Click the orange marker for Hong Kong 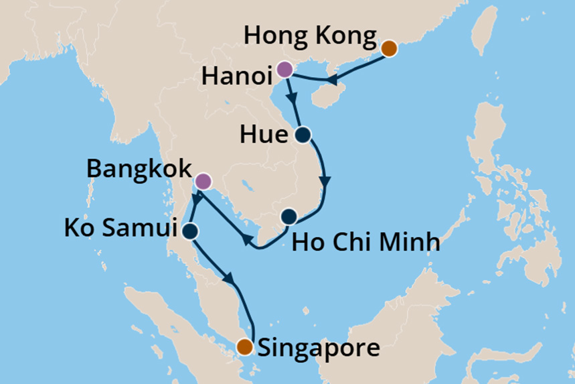pyautogui.click(x=389, y=48)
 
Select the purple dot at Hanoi pyautogui.click(x=284, y=69)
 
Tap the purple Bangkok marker pyautogui.click(x=203, y=181)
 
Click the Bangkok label pyautogui.click(x=139, y=169)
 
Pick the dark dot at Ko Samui pyautogui.click(x=190, y=231)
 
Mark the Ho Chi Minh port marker pyautogui.click(x=289, y=216)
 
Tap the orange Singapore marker pyautogui.click(x=246, y=346)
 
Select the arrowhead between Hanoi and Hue pyautogui.click(x=292, y=98)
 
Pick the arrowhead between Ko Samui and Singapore pyautogui.click(x=230, y=277)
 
